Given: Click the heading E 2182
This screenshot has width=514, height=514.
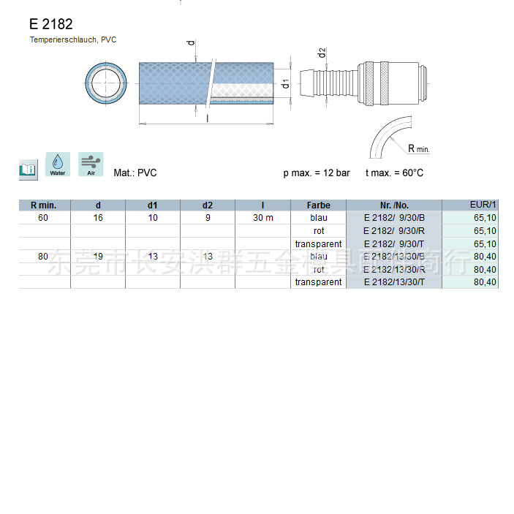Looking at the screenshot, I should (x=50, y=24).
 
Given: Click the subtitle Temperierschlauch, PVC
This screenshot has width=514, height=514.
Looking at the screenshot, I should (x=72, y=39).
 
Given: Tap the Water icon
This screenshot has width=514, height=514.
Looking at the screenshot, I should (x=58, y=165).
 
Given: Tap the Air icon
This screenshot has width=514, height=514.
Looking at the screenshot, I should (x=91, y=165).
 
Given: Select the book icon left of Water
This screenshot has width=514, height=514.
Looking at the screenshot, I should (x=27, y=170).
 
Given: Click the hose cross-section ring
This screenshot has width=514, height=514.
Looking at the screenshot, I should (x=105, y=82).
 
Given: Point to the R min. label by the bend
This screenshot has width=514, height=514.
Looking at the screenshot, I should (x=418, y=148).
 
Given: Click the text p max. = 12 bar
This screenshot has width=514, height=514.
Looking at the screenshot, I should (x=316, y=173).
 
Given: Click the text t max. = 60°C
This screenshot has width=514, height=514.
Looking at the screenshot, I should (x=394, y=173).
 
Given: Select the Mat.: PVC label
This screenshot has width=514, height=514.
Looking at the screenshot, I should (x=135, y=173).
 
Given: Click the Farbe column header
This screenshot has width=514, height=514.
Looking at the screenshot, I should (x=318, y=205).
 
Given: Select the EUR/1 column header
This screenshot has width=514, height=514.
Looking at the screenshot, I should (x=483, y=205).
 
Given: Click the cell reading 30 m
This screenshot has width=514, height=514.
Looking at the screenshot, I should (x=262, y=218).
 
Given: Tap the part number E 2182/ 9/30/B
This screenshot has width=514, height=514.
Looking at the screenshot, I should (x=393, y=218).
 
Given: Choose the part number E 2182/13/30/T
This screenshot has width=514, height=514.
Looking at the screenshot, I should (x=393, y=282).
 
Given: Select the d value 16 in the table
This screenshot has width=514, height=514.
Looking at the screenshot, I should (x=98, y=218).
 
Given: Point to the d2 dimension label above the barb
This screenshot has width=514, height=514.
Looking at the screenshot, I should (x=322, y=53).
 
